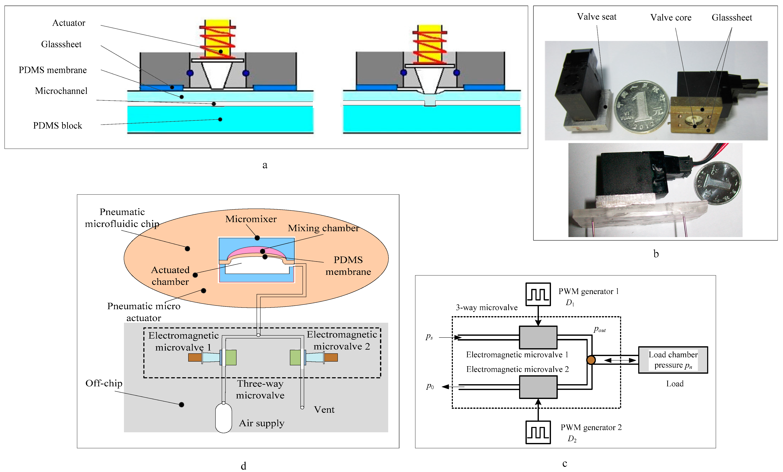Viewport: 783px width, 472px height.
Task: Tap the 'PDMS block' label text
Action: pos(58,126)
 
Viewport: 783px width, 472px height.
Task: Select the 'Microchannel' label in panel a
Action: pos(61,91)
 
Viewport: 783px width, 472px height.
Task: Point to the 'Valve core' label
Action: pos(670,17)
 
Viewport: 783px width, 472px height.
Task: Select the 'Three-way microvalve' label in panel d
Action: pos(260,389)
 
